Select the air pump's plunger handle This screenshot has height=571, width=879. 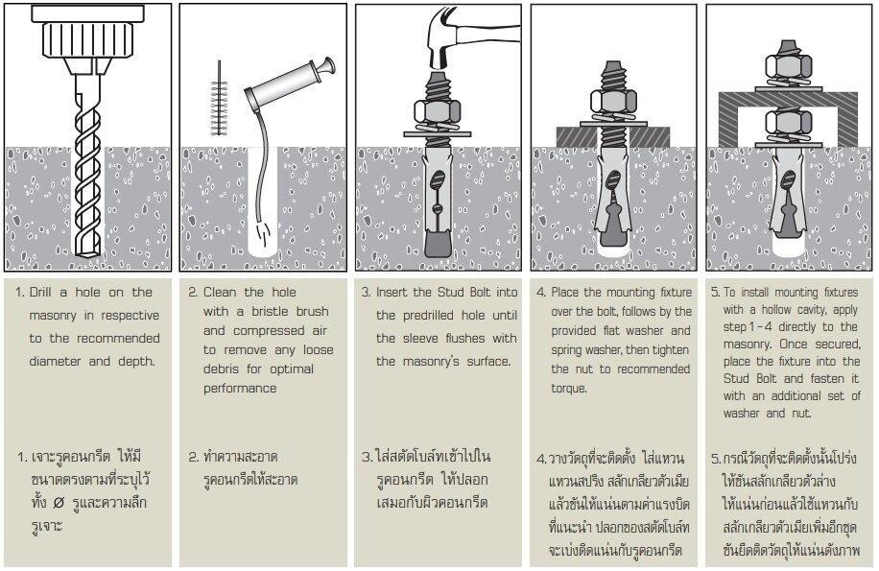coord(326,67)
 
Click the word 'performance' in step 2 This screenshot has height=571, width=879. coord(240,389)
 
